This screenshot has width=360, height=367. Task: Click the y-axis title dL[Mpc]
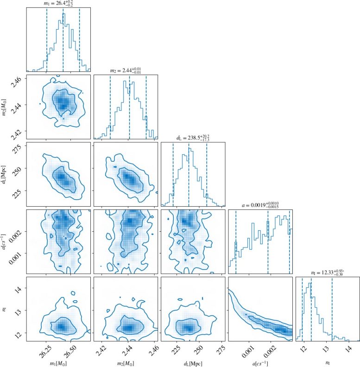pos(6,173)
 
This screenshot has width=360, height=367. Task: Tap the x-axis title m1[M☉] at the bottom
pos(58,361)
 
